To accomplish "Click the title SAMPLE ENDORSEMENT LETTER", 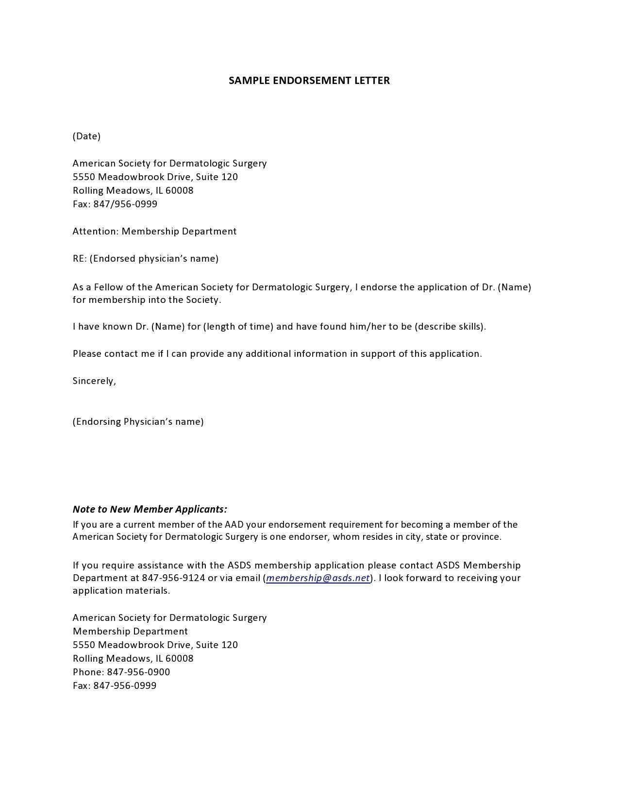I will click(x=309, y=81).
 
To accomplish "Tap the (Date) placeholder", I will click(x=86, y=136).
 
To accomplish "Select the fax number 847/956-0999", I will click(x=125, y=204).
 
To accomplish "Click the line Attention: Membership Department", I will click(x=154, y=231).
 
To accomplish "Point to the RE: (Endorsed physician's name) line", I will click(x=146, y=258).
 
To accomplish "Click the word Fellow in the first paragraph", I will click(x=107, y=287).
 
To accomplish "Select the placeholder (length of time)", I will click(x=238, y=326).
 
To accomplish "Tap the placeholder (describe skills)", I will click(x=450, y=326).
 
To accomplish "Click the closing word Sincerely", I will click(x=94, y=381).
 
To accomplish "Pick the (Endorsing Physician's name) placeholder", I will click(x=138, y=421).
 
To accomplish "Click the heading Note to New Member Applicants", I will click(x=150, y=509).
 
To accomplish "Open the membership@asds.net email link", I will click(x=318, y=578).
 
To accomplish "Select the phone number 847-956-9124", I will click(x=173, y=578).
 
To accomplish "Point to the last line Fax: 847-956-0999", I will click(x=115, y=685).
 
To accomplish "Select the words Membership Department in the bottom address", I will click(x=130, y=631).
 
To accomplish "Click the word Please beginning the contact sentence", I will click(x=87, y=353).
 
